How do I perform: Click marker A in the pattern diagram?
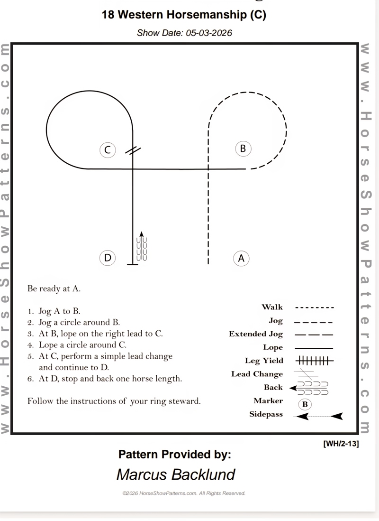(x=241, y=258)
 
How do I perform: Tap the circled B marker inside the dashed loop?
(x=243, y=149)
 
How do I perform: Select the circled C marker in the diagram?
(x=108, y=150)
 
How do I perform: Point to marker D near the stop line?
(x=108, y=258)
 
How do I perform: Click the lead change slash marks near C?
(x=133, y=150)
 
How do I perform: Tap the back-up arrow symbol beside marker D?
(x=142, y=247)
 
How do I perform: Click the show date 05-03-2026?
(x=184, y=33)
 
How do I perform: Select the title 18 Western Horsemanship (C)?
(x=184, y=15)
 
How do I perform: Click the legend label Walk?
(x=272, y=307)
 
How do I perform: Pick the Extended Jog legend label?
(x=256, y=334)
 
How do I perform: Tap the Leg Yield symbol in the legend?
(x=314, y=361)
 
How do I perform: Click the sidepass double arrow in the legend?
(x=318, y=416)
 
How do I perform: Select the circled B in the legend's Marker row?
(x=305, y=404)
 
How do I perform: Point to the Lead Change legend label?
(x=257, y=374)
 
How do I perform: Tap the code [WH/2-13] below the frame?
(x=341, y=444)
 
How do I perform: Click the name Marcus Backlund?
(x=176, y=474)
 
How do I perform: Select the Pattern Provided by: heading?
(x=174, y=454)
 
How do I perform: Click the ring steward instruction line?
(x=114, y=401)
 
